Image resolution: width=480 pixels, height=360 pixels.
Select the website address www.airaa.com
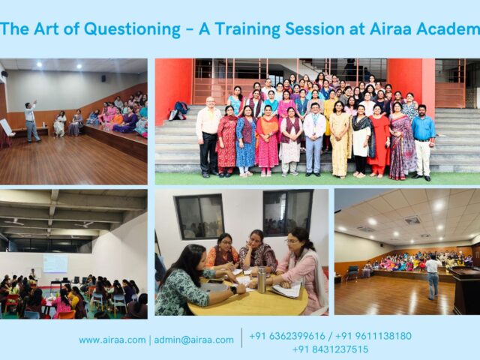[x=112, y=340]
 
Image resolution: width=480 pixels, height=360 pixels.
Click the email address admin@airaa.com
[x=193, y=340]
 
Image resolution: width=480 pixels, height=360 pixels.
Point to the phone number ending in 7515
[x=330, y=349]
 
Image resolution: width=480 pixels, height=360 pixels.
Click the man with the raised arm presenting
[x=30, y=120]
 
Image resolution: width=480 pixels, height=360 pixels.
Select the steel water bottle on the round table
[x=262, y=280]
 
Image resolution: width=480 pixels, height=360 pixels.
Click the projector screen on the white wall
[x=55, y=262]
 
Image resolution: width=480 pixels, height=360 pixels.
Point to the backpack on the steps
[x=178, y=111]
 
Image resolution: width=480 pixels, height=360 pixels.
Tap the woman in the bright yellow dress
[x=340, y=142]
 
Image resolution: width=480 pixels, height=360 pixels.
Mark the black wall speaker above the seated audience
[x=4, y=75]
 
